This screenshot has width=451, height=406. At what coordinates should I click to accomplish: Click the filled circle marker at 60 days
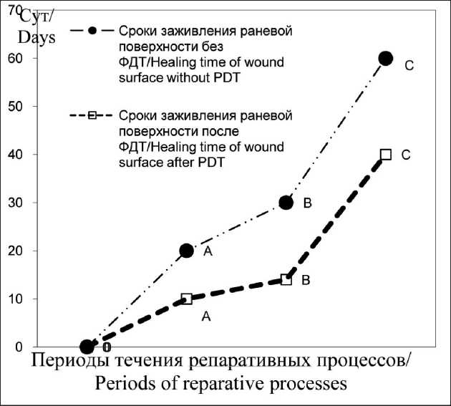(x=386, y=58)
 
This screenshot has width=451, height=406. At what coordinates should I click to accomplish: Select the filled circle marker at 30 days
(x=286, y=203)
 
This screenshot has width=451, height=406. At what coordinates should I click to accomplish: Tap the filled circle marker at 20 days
(x=187, y=251)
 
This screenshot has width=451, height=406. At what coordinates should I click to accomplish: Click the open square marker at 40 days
(x=386, y=155)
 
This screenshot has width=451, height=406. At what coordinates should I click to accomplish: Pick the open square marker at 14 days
(x=286, y=279)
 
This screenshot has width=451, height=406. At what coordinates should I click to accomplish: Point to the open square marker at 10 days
(x=187, y=299)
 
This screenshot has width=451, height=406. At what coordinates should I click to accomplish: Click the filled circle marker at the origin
(x=87, y=347)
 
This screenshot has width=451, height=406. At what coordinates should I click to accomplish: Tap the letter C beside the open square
(x=405, y=155)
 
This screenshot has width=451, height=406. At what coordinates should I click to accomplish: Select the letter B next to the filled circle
(x=307, y=204)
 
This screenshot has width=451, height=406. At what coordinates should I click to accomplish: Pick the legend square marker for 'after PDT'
(x=92, y=115)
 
